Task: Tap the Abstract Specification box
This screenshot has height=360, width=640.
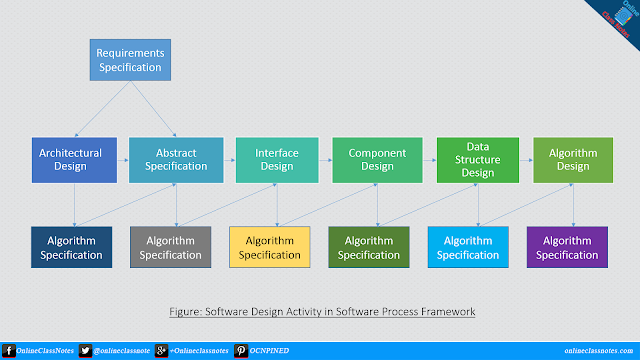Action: [x=177, y=160]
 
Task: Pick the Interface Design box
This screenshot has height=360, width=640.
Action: [x=277, y=160]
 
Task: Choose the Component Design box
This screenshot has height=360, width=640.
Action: [x=377, y=160]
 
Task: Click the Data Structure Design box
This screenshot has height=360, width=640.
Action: [x=478, y=160]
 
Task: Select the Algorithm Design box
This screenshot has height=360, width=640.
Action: [x=573, y=160]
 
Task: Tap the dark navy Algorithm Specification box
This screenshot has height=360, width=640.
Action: [x=72, y=247]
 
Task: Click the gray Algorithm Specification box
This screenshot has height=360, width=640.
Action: [x=171, y=247]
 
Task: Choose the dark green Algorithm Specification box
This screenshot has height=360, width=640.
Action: [x=369, y=247]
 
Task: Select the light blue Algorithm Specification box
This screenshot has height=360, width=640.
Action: [x=468, y=247]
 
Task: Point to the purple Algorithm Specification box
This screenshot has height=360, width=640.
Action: [x=566, y=247]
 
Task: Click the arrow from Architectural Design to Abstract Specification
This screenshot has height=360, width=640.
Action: [x=123, y=160]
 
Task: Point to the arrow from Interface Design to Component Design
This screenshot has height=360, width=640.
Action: [x=325, y=160]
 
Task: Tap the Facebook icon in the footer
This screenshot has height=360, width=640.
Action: [x=8, y=351]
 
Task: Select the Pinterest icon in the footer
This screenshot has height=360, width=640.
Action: [x=241, y=351]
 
